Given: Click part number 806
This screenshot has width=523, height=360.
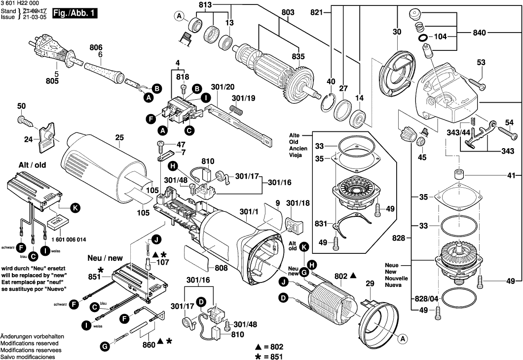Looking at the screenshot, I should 96,47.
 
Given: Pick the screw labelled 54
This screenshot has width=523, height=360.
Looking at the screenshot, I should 495,130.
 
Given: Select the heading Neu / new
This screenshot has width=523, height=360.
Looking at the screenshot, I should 105,258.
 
